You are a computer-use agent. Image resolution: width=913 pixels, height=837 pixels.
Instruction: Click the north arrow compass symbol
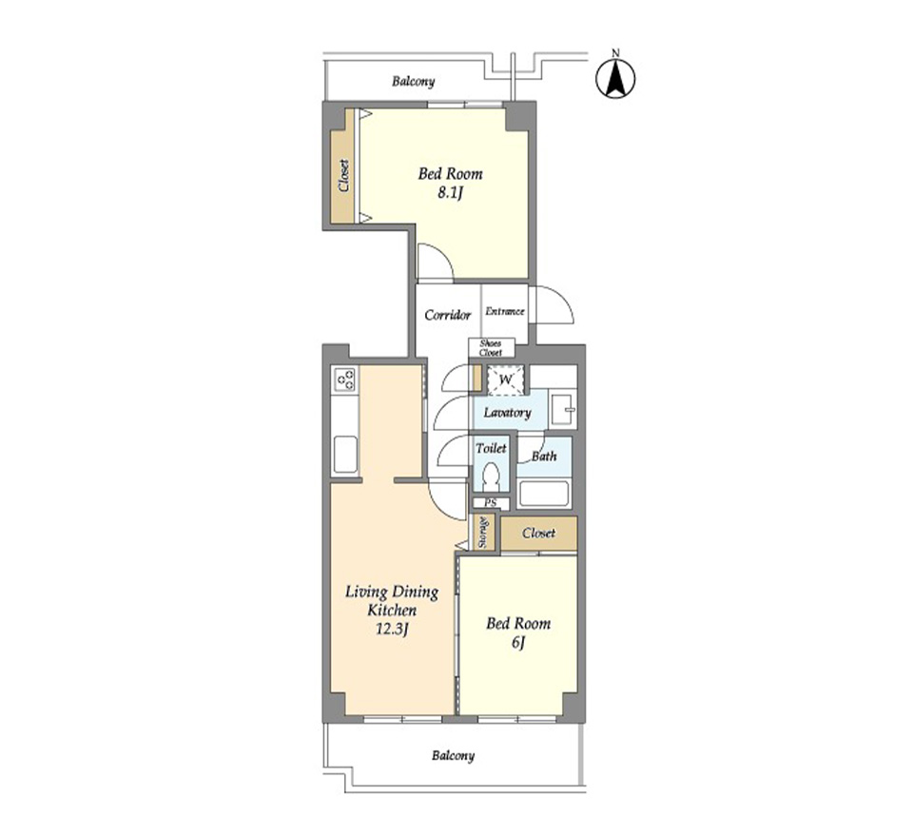[615, 78]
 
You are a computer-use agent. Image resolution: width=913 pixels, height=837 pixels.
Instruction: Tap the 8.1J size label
[450, 193]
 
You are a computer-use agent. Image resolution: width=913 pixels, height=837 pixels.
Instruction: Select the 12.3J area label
[391, 629]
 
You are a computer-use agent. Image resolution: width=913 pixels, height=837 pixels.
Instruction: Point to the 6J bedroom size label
[518, 643]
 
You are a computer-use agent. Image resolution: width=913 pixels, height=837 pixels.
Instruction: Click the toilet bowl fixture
[492, 477]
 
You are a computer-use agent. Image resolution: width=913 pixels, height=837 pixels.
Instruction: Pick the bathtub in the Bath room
[543, 494]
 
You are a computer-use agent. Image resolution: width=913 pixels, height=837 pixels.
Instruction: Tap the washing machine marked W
[507, 380]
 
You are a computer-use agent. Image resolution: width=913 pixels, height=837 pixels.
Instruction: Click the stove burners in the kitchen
[344, 380]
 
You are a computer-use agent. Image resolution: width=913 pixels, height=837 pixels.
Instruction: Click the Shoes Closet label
[491, 348]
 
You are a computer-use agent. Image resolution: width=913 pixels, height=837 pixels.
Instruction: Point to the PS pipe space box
[491, 502]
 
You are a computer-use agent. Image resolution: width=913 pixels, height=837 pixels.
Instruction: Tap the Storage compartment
[483, 533]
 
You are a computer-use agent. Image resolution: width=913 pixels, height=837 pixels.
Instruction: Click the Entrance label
[505, 312]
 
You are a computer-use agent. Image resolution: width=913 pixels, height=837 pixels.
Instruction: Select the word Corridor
[447, 315]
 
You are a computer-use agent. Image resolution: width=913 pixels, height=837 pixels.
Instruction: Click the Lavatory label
[507, 413]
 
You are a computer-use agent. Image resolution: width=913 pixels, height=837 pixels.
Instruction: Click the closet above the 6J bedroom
[539, 533]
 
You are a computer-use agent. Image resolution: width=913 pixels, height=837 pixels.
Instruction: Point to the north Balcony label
[413, 81]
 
